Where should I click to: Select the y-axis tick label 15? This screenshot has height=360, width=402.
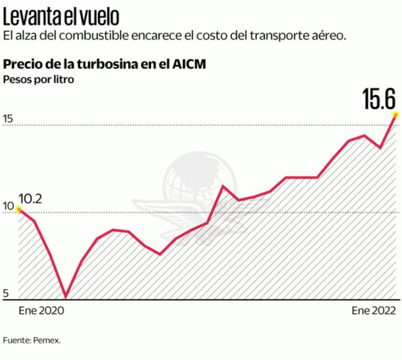click(x=8, y=119)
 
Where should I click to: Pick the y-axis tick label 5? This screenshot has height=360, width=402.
click(x=6, y=293)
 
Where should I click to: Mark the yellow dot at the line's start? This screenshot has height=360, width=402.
click(x=19, y=209)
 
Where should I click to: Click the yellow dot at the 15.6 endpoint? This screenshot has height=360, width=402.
click(x=396, y=114)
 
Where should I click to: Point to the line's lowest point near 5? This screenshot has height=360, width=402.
click(x=66, y=297)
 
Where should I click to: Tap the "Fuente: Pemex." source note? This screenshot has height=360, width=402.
click(x=31, y=340)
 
